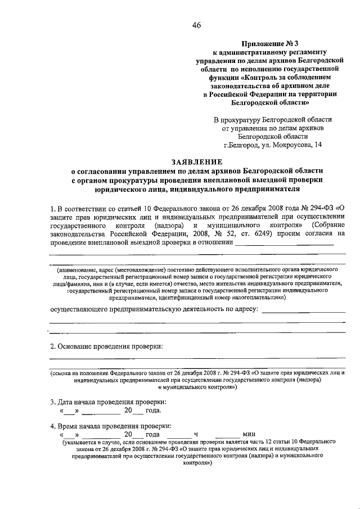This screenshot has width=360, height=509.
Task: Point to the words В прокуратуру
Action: click(240, 120)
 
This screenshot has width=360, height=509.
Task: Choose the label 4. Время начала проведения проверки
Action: click(111, 426)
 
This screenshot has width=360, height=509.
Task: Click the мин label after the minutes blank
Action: click(249, 435)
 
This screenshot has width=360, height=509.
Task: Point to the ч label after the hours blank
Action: click(196, 435)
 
